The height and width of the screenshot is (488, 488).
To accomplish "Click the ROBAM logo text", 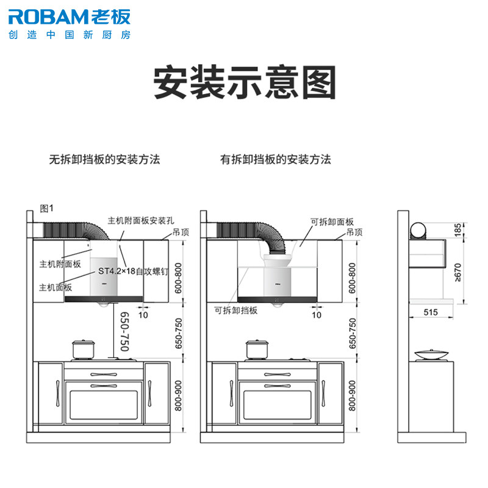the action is click(x=50, y=17).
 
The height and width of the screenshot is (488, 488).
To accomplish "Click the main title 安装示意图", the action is click(x=245, y=82).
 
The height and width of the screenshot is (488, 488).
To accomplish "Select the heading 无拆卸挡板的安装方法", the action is click(x=104, y=159).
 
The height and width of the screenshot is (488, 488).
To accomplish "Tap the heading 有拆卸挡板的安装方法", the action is click(x=276, y=159).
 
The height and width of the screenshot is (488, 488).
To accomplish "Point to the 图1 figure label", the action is click(x=47, y=208).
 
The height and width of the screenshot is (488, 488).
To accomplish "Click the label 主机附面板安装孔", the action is click(x=141, y=221).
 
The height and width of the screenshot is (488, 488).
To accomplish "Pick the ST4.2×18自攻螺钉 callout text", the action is click(x=133, y=271).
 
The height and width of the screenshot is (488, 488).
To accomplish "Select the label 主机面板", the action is click(x=56, y=287).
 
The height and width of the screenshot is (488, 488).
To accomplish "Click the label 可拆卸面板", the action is click(x=332, y=221).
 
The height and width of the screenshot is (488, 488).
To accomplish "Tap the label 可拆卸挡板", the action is click(x=236, y=310).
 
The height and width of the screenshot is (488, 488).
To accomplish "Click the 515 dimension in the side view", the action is click(x=431, y=312).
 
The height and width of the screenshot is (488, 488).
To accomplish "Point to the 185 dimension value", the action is click(x=457, y=230).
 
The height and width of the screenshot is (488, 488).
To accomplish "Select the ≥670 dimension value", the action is click(x=457, y=273).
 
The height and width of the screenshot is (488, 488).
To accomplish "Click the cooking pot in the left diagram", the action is click(x=83, y=350).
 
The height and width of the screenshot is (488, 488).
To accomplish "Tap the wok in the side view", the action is click(x=431, y=355).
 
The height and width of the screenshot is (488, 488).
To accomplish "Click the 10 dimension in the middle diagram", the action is click(x=317, y=315).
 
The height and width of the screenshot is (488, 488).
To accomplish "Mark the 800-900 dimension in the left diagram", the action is click(x=178, y=395).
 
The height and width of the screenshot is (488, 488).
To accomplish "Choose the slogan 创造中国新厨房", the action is click(x=70, y=35).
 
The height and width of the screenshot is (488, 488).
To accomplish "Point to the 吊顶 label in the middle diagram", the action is click(x=354, y=232).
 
